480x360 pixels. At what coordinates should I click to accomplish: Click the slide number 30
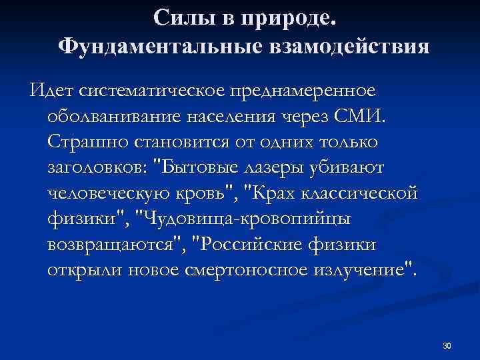(447, 345)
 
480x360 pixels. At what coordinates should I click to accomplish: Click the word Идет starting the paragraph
(51, 89)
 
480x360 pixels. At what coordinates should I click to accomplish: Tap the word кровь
(209, 193)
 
